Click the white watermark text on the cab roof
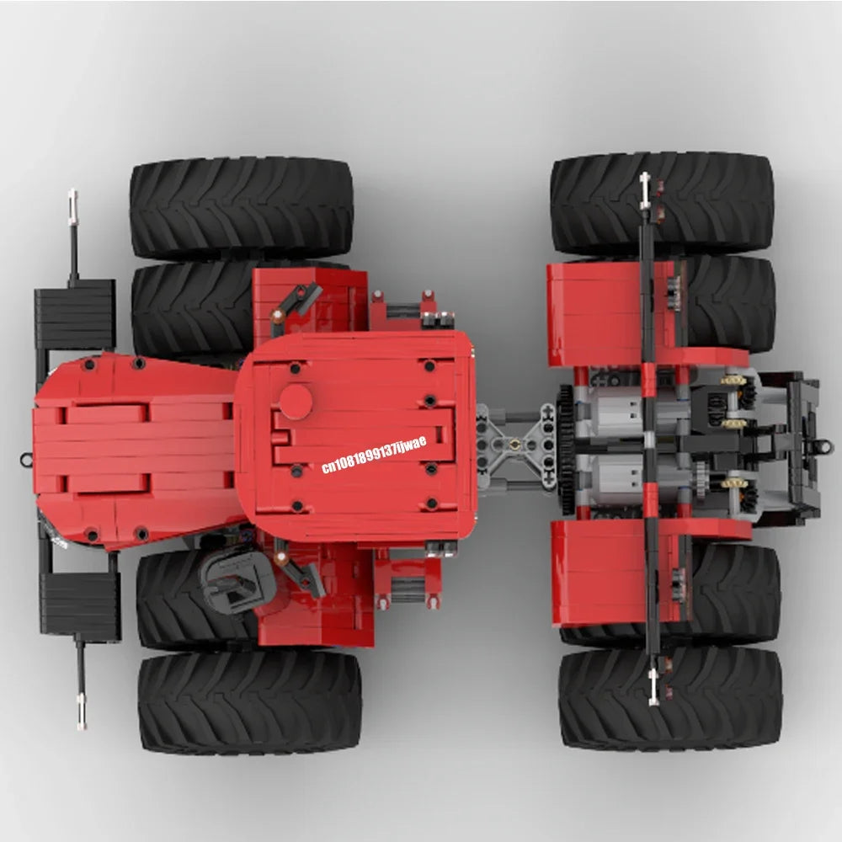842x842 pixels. point(374,455)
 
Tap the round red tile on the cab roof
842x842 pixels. point(296,402)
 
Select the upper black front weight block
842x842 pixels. point(75,314)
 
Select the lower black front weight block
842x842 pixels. point(81,607)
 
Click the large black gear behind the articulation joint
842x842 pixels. point(566,449)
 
